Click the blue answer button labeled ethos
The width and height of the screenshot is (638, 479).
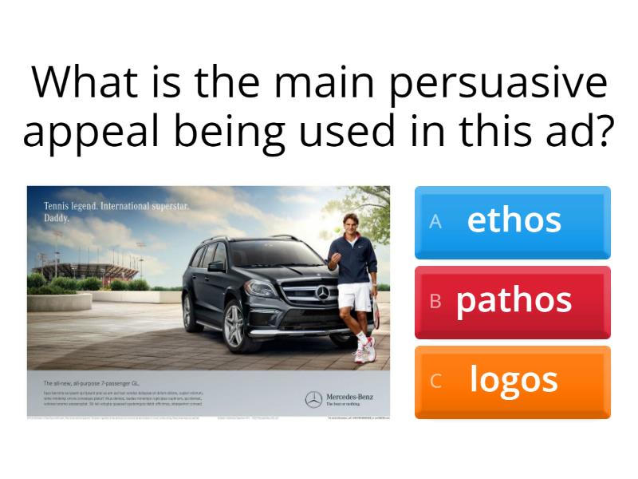[x=513, y=222]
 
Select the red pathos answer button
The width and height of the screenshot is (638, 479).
[x=513, y=302]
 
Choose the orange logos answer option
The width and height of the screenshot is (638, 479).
[x=513, y=381]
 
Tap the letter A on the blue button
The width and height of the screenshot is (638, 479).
[x=435, y=222]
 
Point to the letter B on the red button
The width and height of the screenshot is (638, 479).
[x=435, y=302]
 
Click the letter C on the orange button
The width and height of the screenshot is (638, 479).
[x=435, y=382]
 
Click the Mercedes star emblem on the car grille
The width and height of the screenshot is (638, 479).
[x=322, y=295]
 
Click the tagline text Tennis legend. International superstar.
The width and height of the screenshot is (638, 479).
[x=116, y=206]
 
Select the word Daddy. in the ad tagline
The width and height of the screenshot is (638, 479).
[x=57, y=216]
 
